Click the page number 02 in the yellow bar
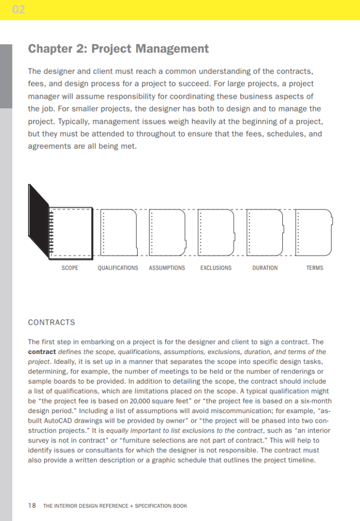(18, 10)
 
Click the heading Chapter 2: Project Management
(118, 49)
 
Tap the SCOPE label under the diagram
(70, 268)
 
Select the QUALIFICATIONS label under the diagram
(117, 268)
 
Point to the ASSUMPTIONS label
(167, 268)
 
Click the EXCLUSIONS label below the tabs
(216, 268)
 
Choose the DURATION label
(265, 268)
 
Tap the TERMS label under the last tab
(315, 268)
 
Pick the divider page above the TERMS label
(314, 232)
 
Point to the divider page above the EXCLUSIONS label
(217, 232)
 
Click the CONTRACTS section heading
(51, 322)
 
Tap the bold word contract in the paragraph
(42, 352)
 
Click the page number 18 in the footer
(32, 506)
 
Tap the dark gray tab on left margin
(6, 76)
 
